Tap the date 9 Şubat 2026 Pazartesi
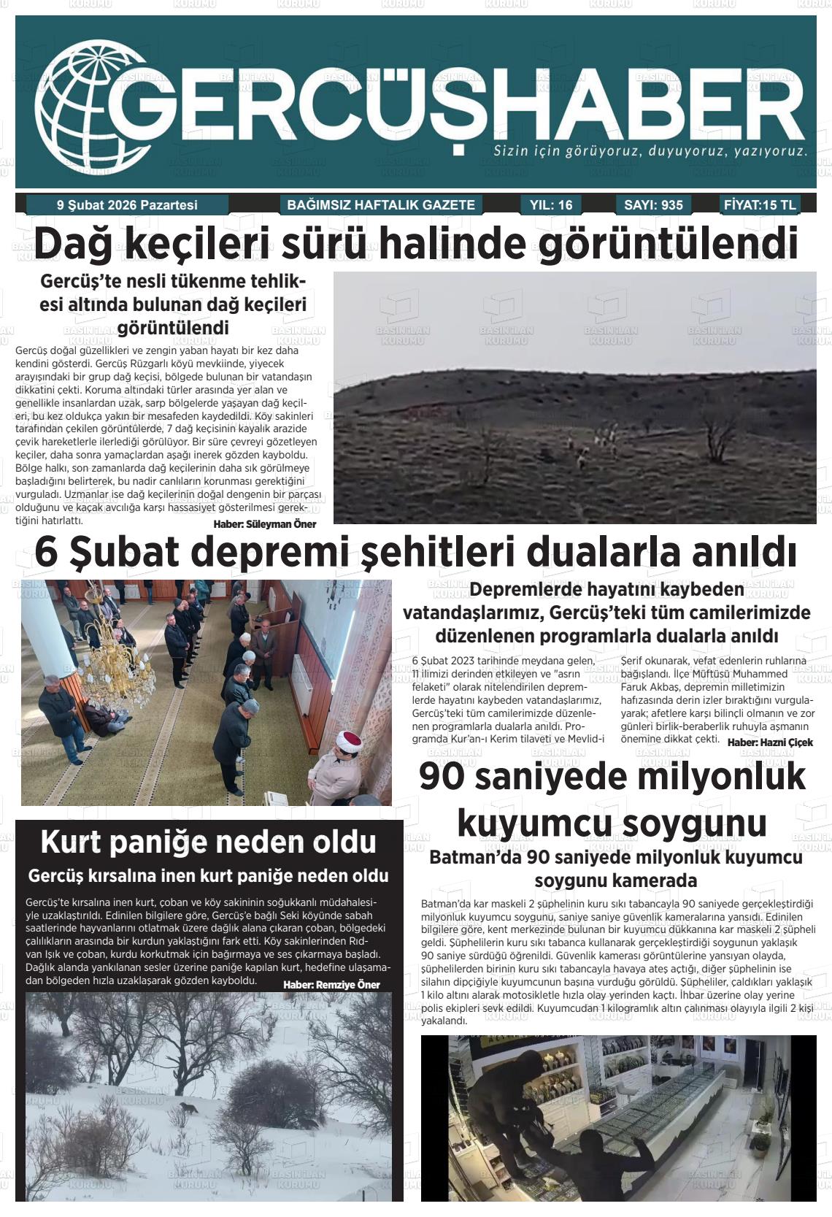(127, 205)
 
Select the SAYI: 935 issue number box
(653, 205)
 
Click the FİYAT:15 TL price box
(760, 204)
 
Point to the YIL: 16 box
(552, 205)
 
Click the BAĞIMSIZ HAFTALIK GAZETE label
(381, 205)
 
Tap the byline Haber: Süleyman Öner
(265, 524)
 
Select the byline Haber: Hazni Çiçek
(770, 742)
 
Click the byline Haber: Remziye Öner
(331, 985)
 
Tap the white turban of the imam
(348, 740)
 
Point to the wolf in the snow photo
(188, 1108)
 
